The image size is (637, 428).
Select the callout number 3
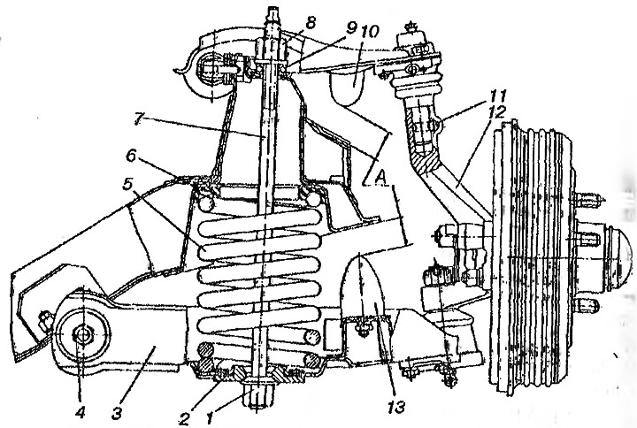(117, 413)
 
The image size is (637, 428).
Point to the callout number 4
(80, 413)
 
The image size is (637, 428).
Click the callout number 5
(128, 186)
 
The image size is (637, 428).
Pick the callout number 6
(131, 156)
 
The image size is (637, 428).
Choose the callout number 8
(311, 23)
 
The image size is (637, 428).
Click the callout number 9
(351, 28)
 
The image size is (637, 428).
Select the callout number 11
(498, 96)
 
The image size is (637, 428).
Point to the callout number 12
(498, 111)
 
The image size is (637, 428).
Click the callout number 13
(396, 406)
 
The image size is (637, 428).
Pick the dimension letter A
(380, 176)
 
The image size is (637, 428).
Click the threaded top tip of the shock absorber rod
(272, 15)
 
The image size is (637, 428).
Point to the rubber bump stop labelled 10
(349, 87)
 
